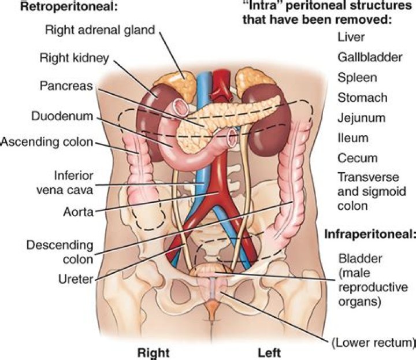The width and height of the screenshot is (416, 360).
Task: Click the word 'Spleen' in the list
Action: pos(356,77)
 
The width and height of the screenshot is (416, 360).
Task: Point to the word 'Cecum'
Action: pos(356,158)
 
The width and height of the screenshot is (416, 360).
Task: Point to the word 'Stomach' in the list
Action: pos(361,98)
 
